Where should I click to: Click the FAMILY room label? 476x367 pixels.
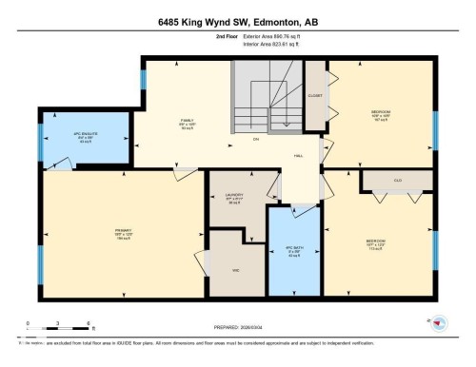(x=188, y=123)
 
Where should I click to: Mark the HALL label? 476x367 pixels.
(x=298, y=154)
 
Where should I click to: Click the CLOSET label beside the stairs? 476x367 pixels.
(x=315, y=96)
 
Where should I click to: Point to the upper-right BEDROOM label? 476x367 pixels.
(x=380, y=114)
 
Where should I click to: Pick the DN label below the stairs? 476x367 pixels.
(x=256, y=142)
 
